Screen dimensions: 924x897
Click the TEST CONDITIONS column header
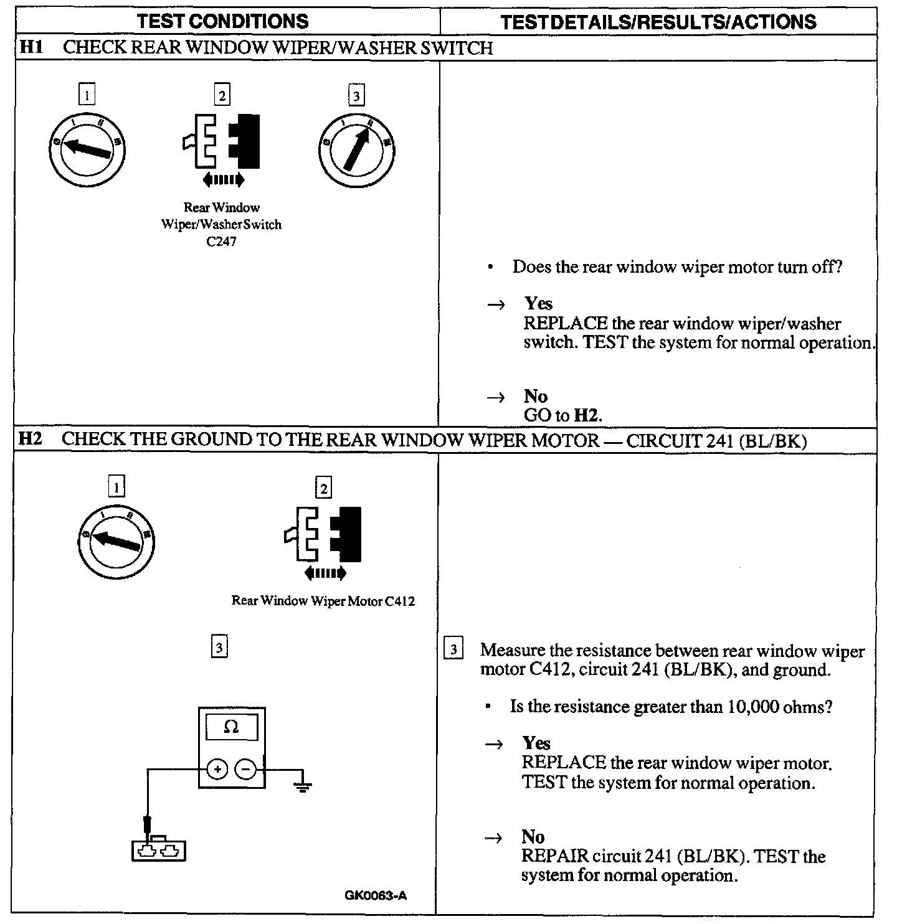pyautogui.click(x=222, y=21)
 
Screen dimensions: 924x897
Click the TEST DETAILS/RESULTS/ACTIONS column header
pyautogui.click(x=658, y=22)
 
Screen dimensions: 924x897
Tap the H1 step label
pyautogui.click(x=31, y=48)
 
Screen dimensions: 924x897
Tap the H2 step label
pyautogui.click(x=30, y=439)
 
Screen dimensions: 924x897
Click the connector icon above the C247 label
pyautogui.click(x=222, y=142)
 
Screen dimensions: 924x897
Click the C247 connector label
pyautogui.click(x=221, y=242)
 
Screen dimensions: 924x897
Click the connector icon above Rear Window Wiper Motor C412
pyautogui.click(x=324, y=534)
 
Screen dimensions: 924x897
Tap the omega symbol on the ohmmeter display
pyautogui.click(x=231, y=727)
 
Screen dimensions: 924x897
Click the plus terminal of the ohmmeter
pyautogui.click(x=217, y=770)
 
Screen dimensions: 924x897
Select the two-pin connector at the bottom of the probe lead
pyautogui.click(x=159, y=851)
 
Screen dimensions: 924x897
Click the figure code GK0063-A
pyautogui.click(x=376, y=896)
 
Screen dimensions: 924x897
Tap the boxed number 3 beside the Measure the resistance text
pyautogui.click(x=453, y=650)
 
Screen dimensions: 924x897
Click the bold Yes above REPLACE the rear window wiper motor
pyautogui.click(x=536, y=743)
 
